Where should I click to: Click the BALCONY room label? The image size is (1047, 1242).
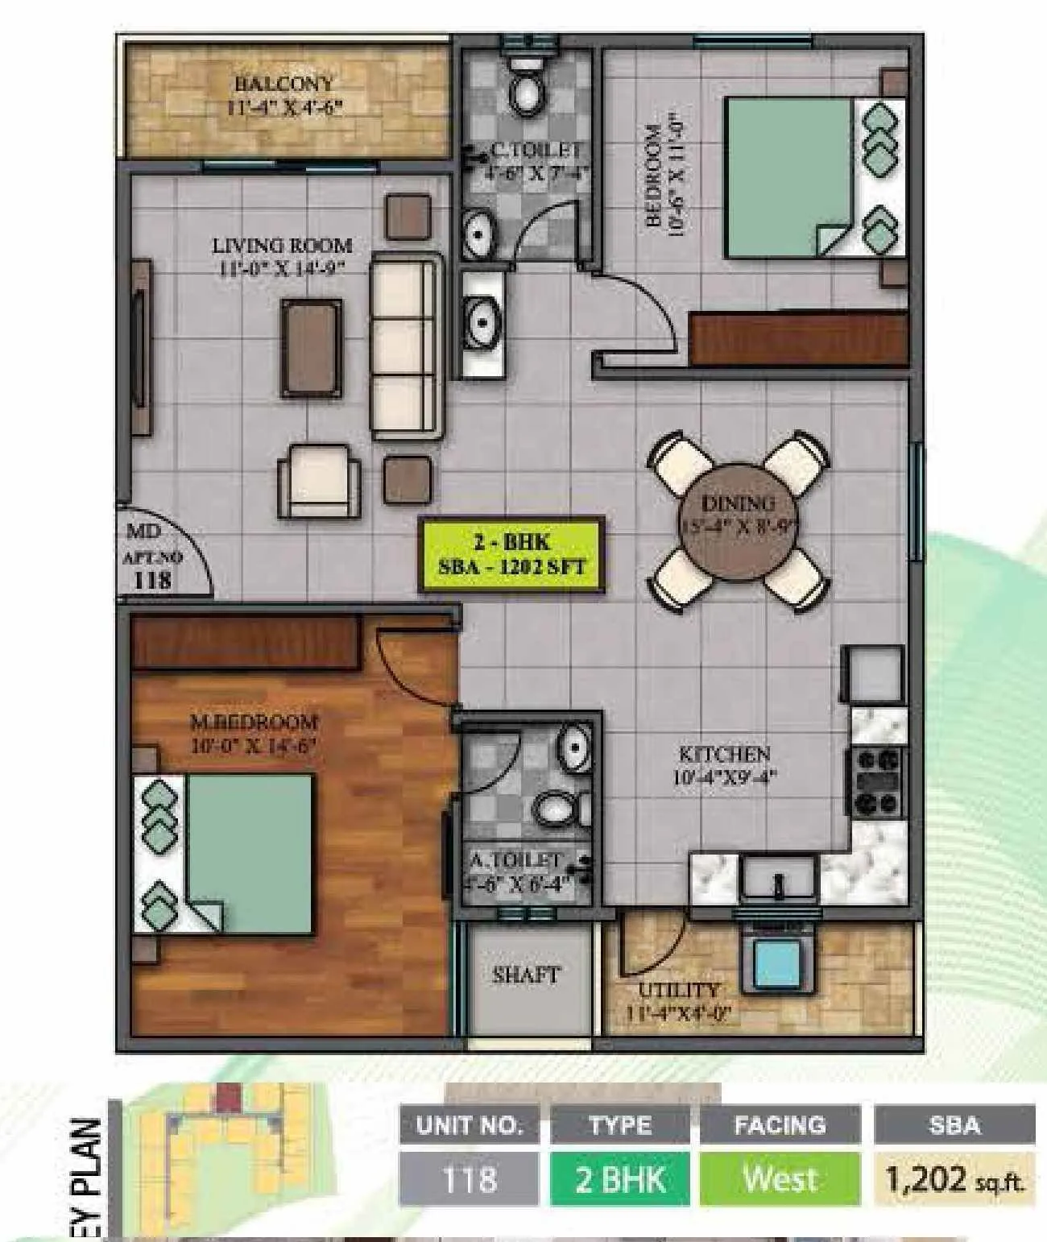[x=283, y=84]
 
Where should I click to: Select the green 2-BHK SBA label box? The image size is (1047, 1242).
[x=511, y=554]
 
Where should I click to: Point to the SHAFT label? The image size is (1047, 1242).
[x=525, y=975]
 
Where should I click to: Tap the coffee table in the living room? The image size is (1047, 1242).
[x=312, y=348]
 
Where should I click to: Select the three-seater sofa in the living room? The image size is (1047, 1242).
[x=406, y=346]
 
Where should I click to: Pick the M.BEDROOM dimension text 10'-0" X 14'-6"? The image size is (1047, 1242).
[x=252, y=745]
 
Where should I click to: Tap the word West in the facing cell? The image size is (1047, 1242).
[x=780, y=1179]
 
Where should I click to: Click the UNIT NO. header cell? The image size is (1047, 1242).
[x=470, y=1125]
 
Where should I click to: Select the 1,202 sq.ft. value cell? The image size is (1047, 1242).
[x=954, y=1179]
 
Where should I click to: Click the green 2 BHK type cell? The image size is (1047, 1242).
[x=620, y=1179]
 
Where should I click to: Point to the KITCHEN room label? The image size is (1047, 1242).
[x=724, y=754]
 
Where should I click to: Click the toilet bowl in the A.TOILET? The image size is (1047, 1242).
[x=555, y=806]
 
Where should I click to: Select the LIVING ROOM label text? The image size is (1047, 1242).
[x=282, y=245]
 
